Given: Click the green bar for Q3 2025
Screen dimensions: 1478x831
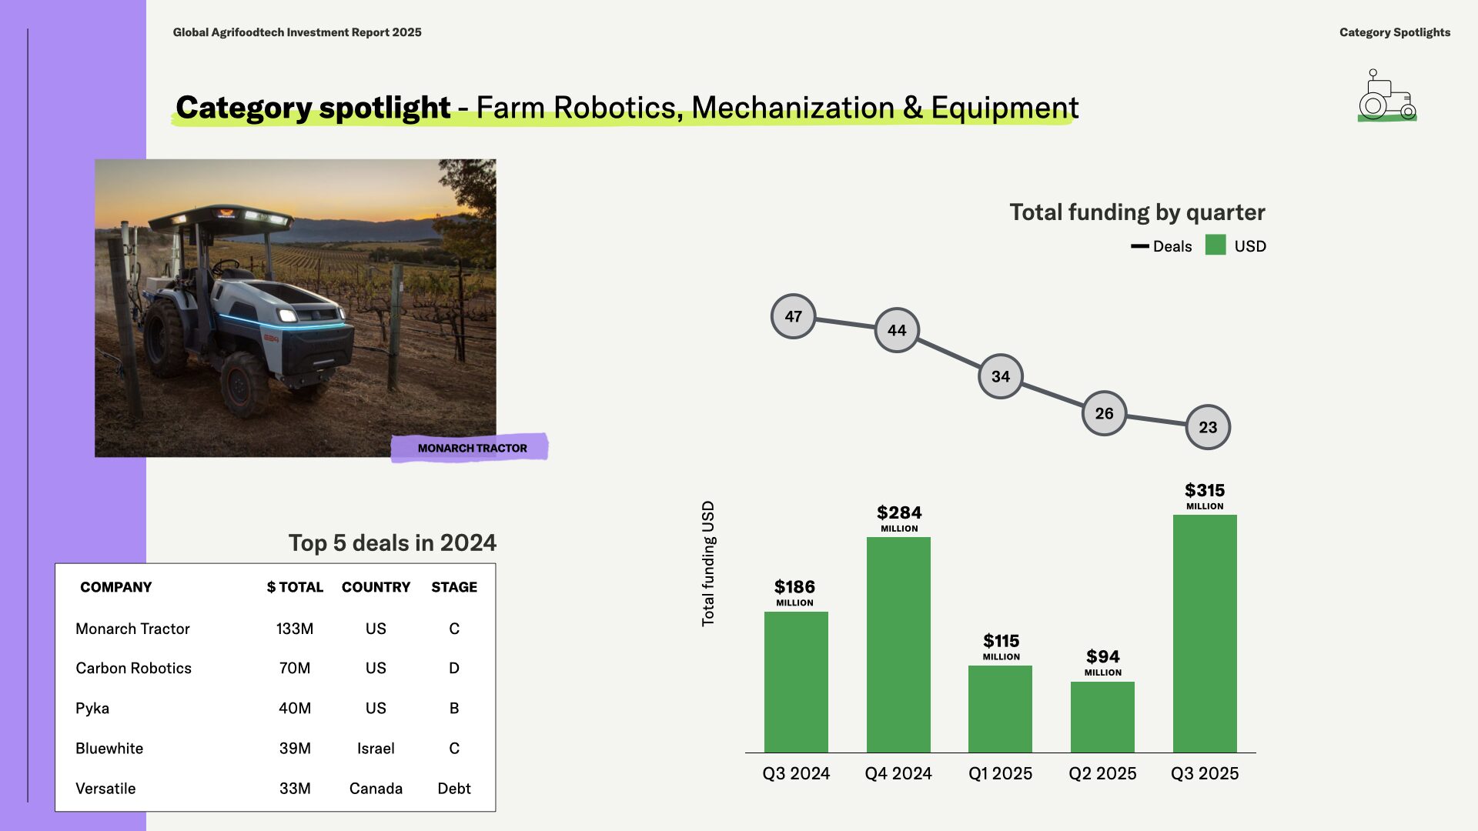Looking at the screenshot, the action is pos(1205,633).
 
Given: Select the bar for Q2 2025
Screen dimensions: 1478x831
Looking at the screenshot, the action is pos(1102,717).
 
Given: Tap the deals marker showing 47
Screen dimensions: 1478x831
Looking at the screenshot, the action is pos(793,316).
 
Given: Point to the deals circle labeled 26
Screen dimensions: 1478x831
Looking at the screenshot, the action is pos(1104,413).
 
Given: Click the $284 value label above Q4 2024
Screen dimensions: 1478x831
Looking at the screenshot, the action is pos(899,518).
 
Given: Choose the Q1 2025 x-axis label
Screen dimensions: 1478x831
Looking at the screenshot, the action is pos(1000,773).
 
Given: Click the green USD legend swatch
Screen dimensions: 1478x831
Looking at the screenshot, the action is pos(1216,245).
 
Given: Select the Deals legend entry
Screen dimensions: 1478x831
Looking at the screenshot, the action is pos(1161,246).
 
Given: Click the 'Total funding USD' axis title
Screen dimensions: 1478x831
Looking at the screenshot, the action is pos(708,563).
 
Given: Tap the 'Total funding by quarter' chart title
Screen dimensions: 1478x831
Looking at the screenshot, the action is pos(1137,212).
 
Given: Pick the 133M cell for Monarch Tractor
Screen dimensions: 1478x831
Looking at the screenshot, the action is pos(295,629).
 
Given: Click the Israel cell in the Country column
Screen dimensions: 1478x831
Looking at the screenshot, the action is pos(376,748).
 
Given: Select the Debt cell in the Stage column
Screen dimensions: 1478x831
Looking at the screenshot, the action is pos(454,788).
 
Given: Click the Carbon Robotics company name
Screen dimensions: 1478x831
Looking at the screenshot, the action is pos(133,668).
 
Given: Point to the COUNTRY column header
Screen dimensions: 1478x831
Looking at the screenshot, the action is pos(376,587).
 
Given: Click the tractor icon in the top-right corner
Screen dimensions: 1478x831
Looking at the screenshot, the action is pos(1387,95).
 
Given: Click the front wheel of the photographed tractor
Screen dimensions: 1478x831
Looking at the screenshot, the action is pos(244,383).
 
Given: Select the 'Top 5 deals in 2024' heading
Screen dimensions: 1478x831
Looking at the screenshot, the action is pos(393,543).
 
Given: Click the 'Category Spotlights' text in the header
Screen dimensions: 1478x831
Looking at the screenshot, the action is pos(1395,32).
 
